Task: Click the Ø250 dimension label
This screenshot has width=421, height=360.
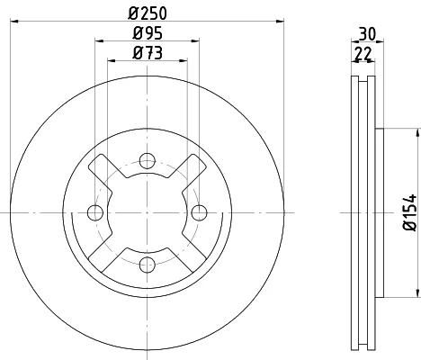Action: point(148,13)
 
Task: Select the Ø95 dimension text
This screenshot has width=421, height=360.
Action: point(148,32)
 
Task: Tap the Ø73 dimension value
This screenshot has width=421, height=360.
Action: point(148,53)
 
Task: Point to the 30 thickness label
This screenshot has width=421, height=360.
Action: point(367,34)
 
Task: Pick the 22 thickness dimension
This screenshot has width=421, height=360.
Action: point(363,54)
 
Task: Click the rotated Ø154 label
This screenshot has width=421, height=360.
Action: point(410,212)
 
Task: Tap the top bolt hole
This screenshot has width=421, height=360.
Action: point(148,161)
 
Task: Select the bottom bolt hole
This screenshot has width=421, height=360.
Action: point(148,265)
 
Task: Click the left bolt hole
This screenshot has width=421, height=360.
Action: point(95,212)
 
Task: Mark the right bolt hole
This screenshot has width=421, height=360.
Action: point(199,212)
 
